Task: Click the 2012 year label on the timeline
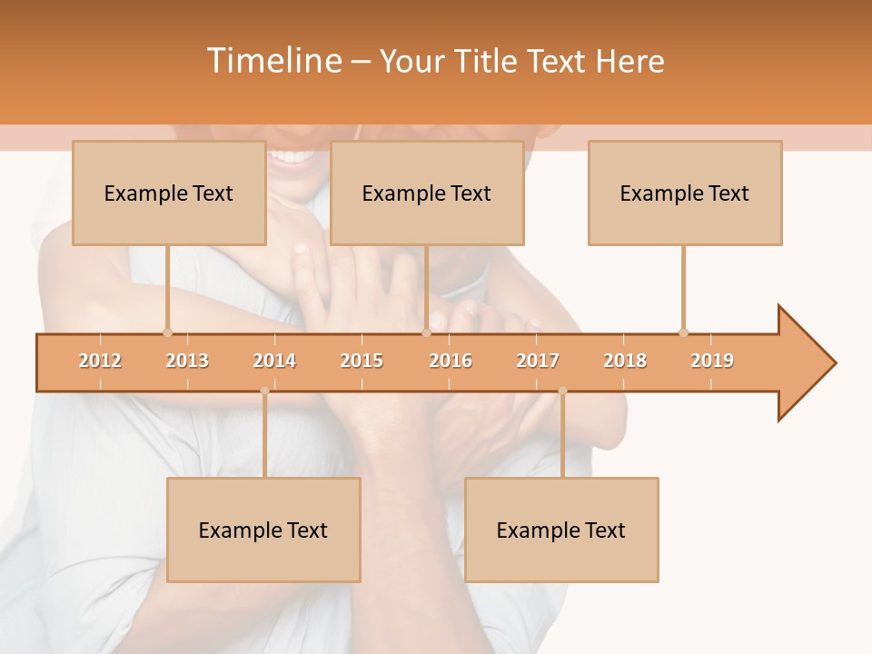click(x=100, y=361)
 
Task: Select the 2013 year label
click(x=187, y=361)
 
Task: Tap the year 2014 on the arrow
click(x=274, y=361)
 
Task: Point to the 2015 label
click(x=362, y=361)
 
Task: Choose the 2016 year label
click(x=451, y=361)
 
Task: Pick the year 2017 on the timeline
click(x=538, y=361)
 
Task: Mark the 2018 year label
click(x=625, y=361)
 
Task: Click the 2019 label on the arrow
click(x=712, y=361)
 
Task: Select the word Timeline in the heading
click(x=272, y=61)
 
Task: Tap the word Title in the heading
click(x=488, y=61)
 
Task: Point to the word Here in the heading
click(x=629, y=61)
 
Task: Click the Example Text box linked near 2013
click(x=169, y=193)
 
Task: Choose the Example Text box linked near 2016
click(x=427, y=193)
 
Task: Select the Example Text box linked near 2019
click(x=685, y=193)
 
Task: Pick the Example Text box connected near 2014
click(x=263, y=530)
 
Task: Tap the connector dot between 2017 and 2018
click(x=562, y=391)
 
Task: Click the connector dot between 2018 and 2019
click(x=683, y=332)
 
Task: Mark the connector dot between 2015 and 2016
click(x=426, y=332)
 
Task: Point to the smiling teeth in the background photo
click(x=292, y=156)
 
